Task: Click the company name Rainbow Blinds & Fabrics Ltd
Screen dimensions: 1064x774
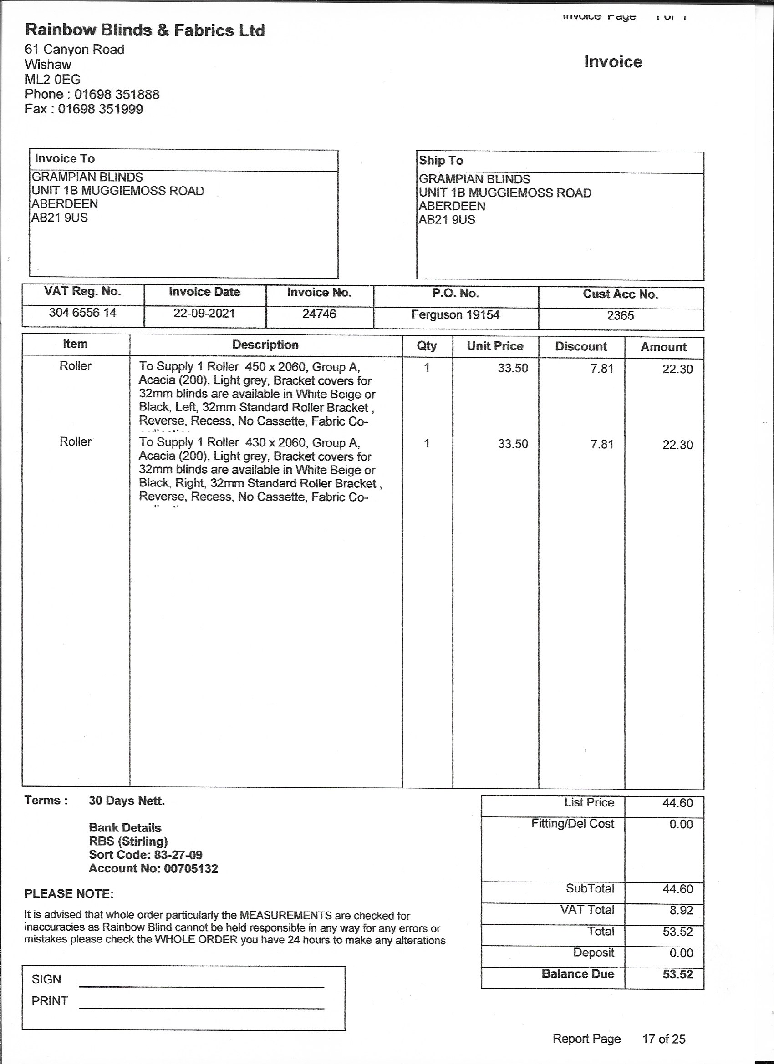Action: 145,30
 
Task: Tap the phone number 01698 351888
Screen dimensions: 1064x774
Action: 117,94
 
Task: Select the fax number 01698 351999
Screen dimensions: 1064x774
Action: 101,109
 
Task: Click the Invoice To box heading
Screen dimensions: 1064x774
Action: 65,158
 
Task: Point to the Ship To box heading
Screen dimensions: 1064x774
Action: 441,161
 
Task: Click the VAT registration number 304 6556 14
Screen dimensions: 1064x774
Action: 82,313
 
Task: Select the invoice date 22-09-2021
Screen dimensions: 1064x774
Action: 204,313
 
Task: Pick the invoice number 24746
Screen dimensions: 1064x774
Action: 319,314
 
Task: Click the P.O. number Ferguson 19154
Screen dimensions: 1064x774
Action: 455,314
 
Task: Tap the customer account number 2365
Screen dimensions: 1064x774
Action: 620,315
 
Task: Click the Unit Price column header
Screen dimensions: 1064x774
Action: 495,346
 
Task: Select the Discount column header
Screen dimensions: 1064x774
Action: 580,346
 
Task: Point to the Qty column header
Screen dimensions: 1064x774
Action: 427,346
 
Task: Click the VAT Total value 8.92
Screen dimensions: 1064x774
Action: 681,910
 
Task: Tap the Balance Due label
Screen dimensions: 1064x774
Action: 577,973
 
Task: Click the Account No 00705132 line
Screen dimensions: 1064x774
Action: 153,868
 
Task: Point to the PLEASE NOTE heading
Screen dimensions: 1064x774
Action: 69,894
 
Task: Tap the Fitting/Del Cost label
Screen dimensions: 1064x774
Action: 572,823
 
